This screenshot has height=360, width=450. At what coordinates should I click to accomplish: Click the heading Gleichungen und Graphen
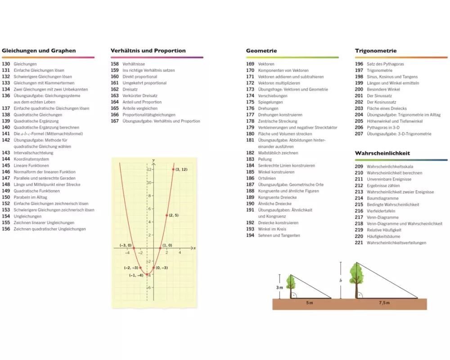(39, 51)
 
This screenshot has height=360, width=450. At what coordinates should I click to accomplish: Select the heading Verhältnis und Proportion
(148, 51)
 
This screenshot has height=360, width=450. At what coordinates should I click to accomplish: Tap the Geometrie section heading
(261, 51)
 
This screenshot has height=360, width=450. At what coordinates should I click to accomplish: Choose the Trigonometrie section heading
(376, 51)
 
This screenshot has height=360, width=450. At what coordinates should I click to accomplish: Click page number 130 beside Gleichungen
(6, 64)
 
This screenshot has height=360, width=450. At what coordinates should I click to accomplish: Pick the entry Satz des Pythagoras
(385, 64)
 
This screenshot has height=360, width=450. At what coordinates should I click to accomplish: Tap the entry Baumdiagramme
(382, 198)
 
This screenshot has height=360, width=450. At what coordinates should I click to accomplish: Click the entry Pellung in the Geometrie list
(265, 159)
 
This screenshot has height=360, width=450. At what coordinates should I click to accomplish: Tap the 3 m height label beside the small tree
(279, 287)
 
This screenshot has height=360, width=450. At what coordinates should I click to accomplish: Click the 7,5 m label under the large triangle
(384, 303)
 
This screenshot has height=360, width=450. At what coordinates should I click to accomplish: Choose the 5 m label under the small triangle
(309, 303)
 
